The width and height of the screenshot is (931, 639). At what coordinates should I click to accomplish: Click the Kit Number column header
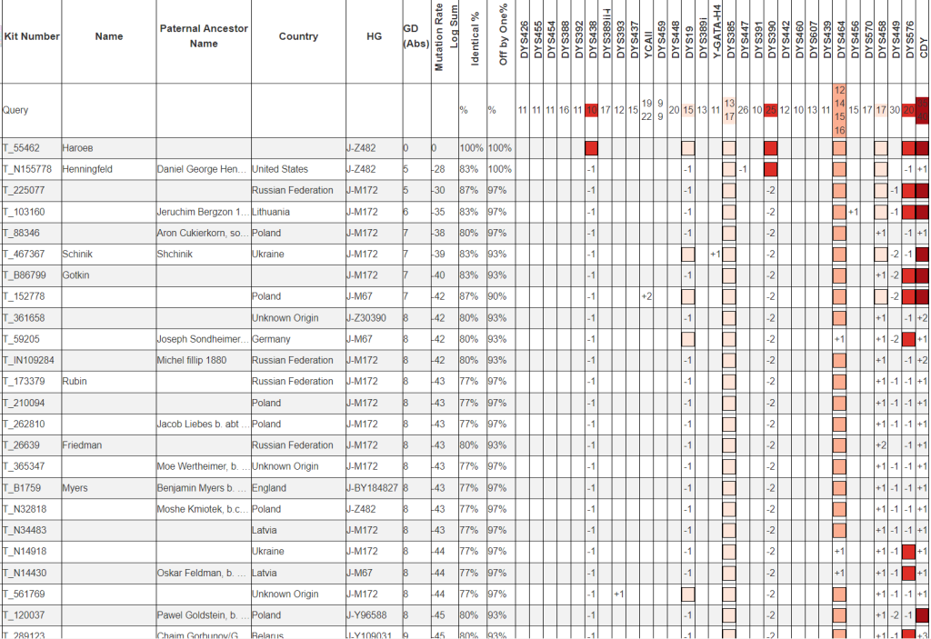pyautogui.click(x=31, y=36)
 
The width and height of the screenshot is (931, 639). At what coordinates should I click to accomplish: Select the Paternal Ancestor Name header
pyautogui.click(x=203, y=36)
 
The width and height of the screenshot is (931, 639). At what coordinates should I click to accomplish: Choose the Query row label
pyautogui.click(x=16, y=110)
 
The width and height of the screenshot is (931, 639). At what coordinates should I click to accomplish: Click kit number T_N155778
pyautogui.click(x=27, y=169)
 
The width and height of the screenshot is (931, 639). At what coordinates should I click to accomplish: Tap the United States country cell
pyautogui.click(x=280, y=169)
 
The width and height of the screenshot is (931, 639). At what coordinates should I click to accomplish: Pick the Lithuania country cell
pyautogui.click(x=272, y=212)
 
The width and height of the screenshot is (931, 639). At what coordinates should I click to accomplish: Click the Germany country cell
pyautogui.click(x=272, y=339)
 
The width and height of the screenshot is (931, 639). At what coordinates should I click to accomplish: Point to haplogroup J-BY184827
pyautogui.click(x=372, y=488)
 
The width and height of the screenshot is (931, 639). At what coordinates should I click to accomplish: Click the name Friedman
pyautogui.click(x=82, y=445)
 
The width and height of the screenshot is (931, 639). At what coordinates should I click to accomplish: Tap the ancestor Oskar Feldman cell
pyautogui.click(x=202, y=573)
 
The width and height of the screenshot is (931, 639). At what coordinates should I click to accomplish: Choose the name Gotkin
pyautogui.click(x=77, y=275)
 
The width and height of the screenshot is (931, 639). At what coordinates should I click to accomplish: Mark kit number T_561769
pyautogui.click(x=24, y=594)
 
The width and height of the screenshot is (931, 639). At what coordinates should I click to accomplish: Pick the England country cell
pyautogui.click(x=269, y=488)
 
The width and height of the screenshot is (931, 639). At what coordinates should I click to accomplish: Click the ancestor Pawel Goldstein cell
pyautogui.click(x=203, y=615)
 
